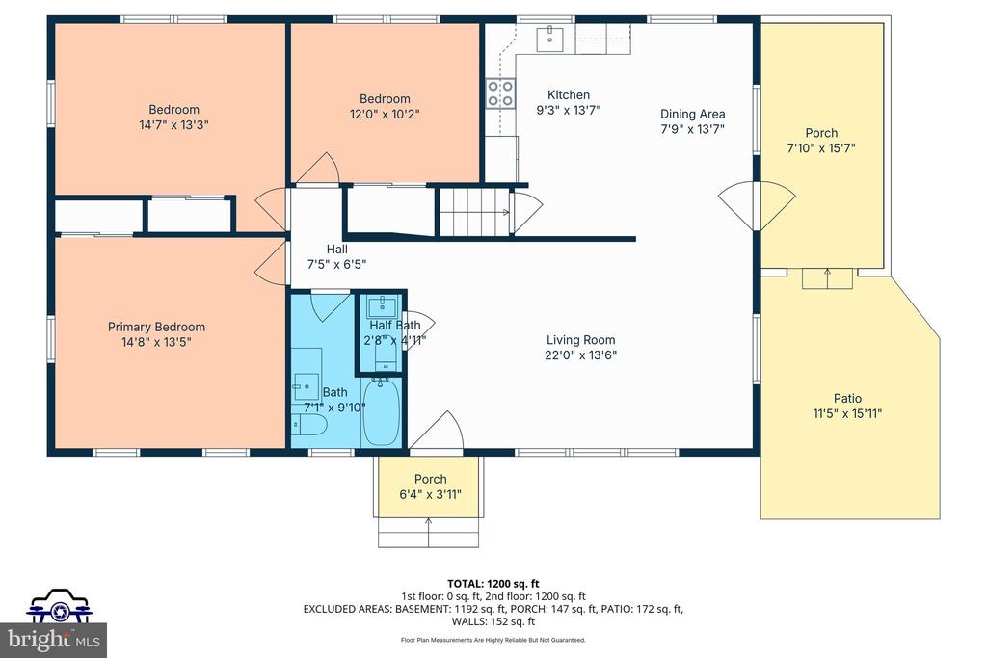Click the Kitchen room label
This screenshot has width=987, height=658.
coord(569,94)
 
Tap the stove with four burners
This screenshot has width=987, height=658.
coord(500,92)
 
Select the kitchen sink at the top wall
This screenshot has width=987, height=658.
coord(554,38)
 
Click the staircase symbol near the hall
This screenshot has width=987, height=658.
coord(474,212)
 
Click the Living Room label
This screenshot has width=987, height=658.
coord(580,339)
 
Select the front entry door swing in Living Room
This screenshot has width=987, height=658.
coord(439,433)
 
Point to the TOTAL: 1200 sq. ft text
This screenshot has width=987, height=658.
coord(493,583)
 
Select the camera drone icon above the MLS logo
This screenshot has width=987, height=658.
coord(58,608)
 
